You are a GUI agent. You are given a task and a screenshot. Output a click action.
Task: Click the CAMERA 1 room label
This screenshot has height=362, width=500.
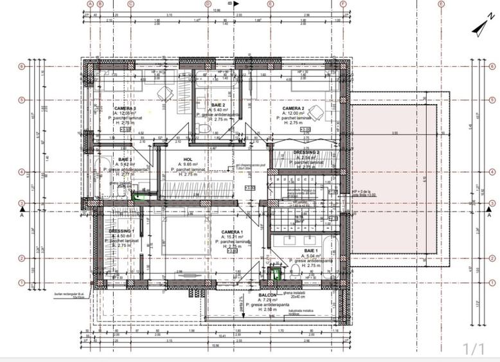click(232, 231)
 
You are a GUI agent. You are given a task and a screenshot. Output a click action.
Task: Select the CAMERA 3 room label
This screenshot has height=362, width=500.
click(125, 109)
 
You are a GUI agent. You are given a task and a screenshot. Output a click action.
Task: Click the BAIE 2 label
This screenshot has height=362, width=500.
click(219, 104)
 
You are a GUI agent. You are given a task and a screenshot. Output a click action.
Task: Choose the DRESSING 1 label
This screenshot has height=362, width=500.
click(121, 231)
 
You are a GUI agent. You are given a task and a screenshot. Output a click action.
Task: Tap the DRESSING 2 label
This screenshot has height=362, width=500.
click(307, 152)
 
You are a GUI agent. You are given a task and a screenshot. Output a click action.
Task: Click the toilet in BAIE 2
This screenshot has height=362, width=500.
click(204, 129)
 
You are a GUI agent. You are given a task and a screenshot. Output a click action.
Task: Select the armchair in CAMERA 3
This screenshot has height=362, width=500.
click(165, 94)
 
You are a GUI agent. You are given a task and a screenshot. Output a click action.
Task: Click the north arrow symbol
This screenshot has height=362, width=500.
click(478, 28)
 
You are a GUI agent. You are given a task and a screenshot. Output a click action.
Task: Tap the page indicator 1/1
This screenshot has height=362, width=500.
click(473, 348)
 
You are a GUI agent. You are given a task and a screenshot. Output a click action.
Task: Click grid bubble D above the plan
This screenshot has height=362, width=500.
click(208, 3)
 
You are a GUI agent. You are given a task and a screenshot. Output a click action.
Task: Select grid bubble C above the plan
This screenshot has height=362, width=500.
click(130, 3)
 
